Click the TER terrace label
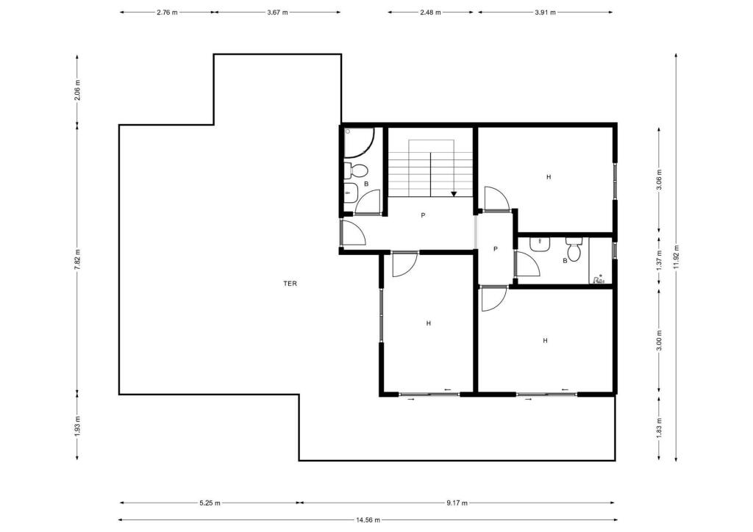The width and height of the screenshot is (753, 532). point(290,284)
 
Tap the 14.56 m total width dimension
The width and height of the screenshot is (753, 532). point(368,520)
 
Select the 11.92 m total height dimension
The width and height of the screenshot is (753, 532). point(677,258)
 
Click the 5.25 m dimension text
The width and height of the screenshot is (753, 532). point(210,503)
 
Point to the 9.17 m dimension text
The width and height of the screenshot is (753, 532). point(457,503)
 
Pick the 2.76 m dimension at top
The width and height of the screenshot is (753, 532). point(167,12)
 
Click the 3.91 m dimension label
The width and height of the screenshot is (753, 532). point(545,12)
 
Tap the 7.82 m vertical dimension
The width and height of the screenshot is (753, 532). point(77,259)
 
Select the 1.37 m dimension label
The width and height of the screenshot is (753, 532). point(660,259)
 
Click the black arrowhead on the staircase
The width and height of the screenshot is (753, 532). point(454,194)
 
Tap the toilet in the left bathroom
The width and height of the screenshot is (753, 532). point(356,170)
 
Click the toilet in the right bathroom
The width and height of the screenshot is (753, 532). point(573,248)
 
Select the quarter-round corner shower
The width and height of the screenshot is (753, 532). point(358,142)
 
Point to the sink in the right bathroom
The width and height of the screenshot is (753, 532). point(540,244)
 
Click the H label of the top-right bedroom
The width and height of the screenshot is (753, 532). point(549,177)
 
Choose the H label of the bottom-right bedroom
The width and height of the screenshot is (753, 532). point(545,341)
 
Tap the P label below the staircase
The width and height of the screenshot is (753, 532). point(423,215)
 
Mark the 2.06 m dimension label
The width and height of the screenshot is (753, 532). point(77,90)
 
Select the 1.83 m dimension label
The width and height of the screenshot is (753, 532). point(660,426)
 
